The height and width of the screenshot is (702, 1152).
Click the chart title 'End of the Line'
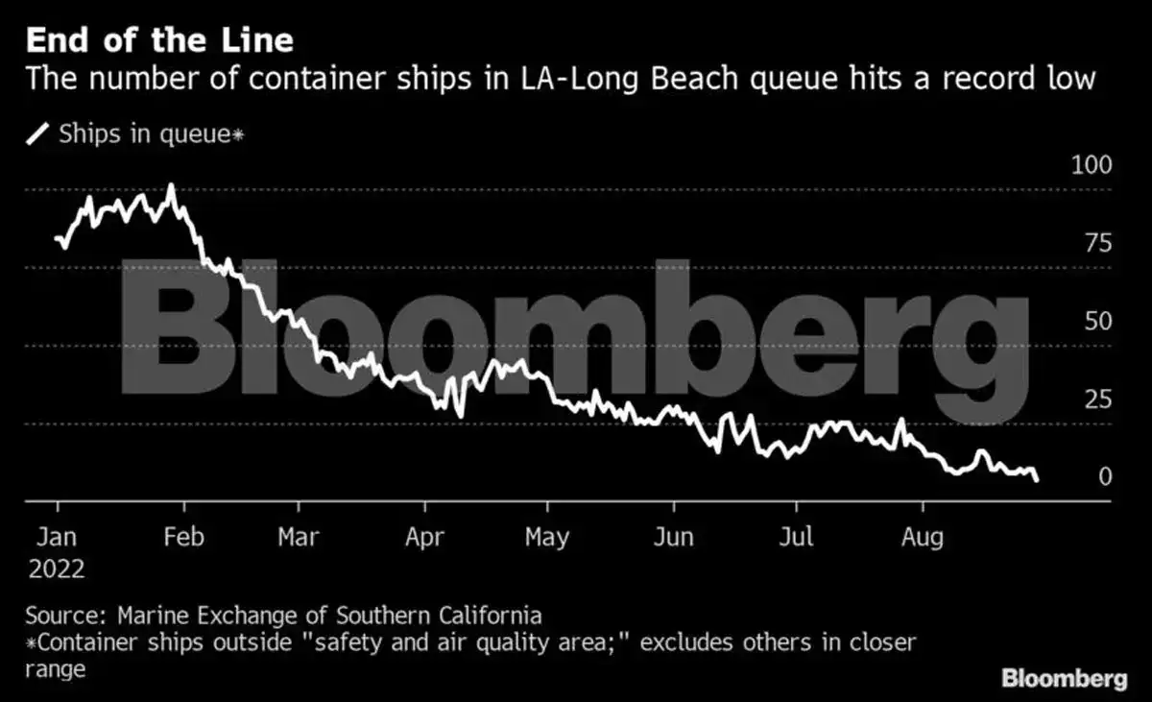[159, 41]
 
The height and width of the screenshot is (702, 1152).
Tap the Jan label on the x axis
[57, 537]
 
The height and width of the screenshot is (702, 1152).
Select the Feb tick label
[183, 537]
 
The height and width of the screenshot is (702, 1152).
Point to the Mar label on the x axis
[299, 537]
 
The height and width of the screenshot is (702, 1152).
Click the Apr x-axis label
[424, 537]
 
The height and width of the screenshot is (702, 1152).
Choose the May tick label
[546, 537]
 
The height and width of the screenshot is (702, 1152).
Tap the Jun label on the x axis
[674, 537]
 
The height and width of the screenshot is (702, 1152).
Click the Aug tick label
[923, 537]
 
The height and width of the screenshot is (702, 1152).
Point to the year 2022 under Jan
[57, 569]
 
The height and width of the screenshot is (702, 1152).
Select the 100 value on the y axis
[1092, 165]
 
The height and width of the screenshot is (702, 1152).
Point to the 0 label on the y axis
[1105, 477]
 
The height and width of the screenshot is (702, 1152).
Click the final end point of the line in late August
[1037, 479]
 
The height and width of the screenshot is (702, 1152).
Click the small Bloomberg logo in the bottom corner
[1065, 679]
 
